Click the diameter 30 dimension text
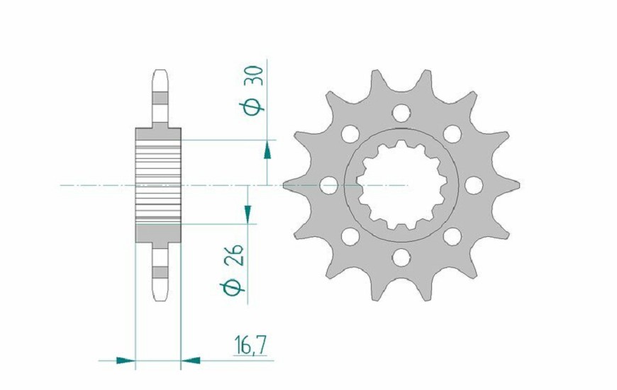click(x=255, y=89)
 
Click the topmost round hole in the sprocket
click(x=401, y=112)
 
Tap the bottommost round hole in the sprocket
click(x=401, y=257)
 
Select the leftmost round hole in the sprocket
click(x=328, y=185)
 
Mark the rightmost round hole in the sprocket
click(x=473, y=185)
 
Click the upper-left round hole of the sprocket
click(x=350, y=133)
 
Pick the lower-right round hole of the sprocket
click(x=452, y=236)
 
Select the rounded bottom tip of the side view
click(x=159, y=296)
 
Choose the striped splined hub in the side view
click(x=158, y=185)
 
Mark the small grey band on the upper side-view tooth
click(x=159, y=98)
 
